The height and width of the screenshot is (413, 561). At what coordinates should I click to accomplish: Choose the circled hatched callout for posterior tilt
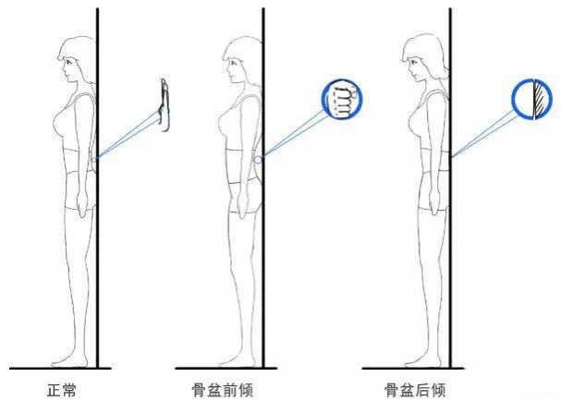530,99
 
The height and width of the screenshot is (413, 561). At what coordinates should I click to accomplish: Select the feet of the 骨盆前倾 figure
238,358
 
